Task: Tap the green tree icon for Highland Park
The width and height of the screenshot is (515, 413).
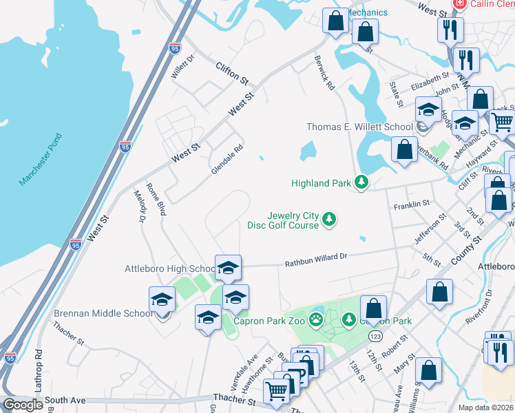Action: [361, 182]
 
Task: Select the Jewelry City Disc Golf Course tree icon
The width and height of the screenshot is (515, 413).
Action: [330, 219]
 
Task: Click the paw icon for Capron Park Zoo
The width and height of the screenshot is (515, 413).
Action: [315, 319]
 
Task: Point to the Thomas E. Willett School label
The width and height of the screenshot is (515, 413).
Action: [359, 127]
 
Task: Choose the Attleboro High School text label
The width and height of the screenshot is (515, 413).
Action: [170, 268]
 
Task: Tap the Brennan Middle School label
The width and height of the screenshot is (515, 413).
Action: [103, 313]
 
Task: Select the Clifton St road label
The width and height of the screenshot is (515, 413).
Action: [231, 72]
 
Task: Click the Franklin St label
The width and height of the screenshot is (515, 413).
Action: [411, 205]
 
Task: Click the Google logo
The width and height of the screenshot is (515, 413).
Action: [23, 405]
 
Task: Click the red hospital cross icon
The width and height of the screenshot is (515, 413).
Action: [457, 5]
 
